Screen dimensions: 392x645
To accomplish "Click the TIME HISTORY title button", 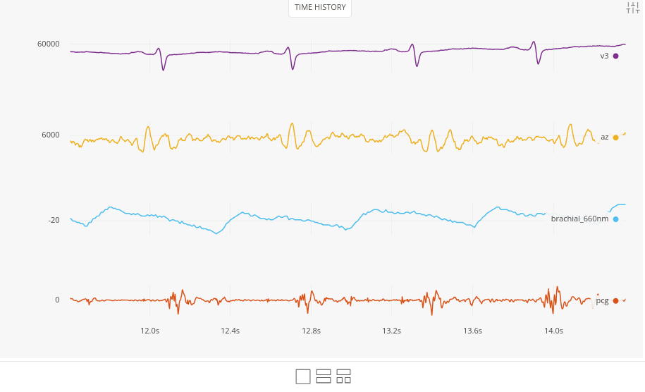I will tap(320, 8).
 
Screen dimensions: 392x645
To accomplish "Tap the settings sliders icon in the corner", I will tap(632, 8).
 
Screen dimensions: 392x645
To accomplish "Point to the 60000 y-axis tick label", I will tap(49, 44).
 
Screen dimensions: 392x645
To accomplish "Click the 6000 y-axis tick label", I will tap(51, 135).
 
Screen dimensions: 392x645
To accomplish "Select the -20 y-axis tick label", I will tap(54, 220).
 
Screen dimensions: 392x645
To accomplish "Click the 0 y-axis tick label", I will tap(57, 300).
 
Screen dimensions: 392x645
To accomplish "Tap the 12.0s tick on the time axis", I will tap(149, 330).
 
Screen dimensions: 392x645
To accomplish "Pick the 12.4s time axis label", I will tap(231, 330).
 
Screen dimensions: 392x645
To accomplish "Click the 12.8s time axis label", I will tap(311, 330).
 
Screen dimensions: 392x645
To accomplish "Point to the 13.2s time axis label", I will tap(392, 330).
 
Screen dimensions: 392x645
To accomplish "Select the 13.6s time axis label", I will tap(472, 330).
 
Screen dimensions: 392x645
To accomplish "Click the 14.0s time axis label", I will tap(553, 330).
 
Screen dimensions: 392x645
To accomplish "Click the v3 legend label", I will tap(604, 56).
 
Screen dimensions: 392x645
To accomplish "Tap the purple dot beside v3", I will tap(615, 56).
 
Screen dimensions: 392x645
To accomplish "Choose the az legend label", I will tap(604, 137).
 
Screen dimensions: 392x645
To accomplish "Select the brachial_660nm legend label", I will tap(579, 219).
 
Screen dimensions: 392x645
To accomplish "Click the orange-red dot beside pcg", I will tap(615, 300).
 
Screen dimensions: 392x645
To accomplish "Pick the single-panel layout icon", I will tap(303, 376).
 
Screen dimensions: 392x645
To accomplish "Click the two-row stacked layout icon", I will tap(324, 376).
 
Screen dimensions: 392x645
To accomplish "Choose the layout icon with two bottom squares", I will tap(344, 376).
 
